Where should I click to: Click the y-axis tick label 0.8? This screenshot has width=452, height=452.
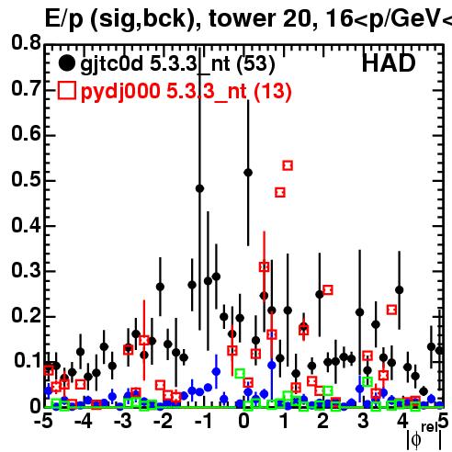click(x=26, y=43)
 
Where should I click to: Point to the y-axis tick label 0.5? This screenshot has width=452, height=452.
click(x=26, y=179)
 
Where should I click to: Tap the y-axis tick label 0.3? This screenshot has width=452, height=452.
click(x=26, y=270)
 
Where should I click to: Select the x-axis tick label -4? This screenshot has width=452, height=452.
click(x=84, y=421)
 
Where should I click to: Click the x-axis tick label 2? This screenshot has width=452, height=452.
click(x=323, y=421)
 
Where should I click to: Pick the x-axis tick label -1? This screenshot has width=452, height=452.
click(x=204, y=421)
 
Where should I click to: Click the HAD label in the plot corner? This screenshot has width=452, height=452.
click(x=389, y=63)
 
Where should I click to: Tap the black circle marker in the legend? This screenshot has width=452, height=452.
click(x=66, y=63)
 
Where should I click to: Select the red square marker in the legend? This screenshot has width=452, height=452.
click(x=67, y=90)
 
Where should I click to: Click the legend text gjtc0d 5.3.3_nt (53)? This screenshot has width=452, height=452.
click(x=177, y=64)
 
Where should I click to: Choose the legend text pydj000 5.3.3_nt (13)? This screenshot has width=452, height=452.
click(x=186, y=92)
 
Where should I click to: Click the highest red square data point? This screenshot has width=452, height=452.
click(x=288, y=165)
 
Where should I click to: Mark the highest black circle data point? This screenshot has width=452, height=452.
click(x=248, y=173)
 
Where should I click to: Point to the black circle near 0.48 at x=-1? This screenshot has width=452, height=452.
click(x=199, y=188)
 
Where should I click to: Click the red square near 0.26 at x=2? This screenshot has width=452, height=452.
click(x=328, y=289)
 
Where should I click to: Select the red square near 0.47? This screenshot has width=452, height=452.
click(x=280, y=193)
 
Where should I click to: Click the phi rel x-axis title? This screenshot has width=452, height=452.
click(x=424, y=437)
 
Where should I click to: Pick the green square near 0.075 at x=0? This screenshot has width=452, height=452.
click(x=240, y=374)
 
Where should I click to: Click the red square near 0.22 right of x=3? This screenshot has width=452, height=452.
click(x=391, y=310)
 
